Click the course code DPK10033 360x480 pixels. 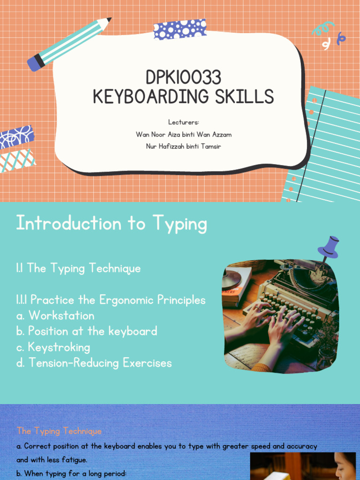(x=183, y=78)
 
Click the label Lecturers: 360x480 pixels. (x=183, y=122)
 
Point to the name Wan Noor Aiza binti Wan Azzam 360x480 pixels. (x=183, y=135)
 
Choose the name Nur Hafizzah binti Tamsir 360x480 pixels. (x=183, y=147)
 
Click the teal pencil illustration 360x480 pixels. (x=68, y=44)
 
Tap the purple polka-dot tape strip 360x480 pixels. (x=180, y=29)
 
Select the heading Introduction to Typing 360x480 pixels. (x=111, y=224)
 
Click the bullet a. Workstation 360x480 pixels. (x=55, y=315)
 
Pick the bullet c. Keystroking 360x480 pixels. (x=53, y=347)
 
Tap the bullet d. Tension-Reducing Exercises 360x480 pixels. (x=94, y=363)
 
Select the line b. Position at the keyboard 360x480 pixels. (x=86, y=331)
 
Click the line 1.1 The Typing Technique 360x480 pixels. (x=78, y=269)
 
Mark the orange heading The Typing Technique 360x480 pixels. (x=59, y=431)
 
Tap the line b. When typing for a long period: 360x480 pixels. (x=71, y=473)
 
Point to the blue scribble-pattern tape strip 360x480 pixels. (x=17, y=137)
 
